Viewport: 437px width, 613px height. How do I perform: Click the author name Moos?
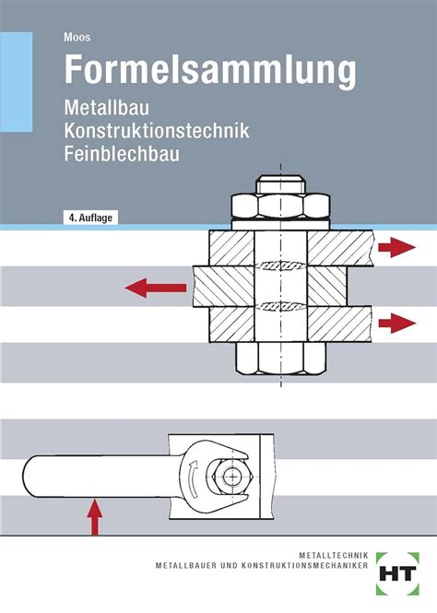(77, 37)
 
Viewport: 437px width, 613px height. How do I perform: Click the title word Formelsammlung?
(210, 69)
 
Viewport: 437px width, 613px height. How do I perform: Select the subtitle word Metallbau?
(106, 108)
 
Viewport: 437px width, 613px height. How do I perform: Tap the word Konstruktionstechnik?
(157, 130)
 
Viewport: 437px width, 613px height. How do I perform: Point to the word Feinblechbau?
(122, 153)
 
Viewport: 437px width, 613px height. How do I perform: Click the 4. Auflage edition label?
(90, 218)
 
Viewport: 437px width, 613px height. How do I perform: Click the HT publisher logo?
(398, 573)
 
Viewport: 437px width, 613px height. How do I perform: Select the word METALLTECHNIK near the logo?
(334, 555)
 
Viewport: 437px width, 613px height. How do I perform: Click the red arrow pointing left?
(156, 289)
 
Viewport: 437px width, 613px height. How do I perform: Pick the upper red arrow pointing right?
(396, 247)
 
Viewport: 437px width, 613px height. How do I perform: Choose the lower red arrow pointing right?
(396, 323)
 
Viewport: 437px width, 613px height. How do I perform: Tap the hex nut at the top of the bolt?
(280, 206)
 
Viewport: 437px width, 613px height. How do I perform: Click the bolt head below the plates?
(280, 359)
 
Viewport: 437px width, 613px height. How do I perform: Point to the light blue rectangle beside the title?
(16, 82)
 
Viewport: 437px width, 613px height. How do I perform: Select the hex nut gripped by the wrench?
(231, 477)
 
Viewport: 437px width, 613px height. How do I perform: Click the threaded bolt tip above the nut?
(280, 185)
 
